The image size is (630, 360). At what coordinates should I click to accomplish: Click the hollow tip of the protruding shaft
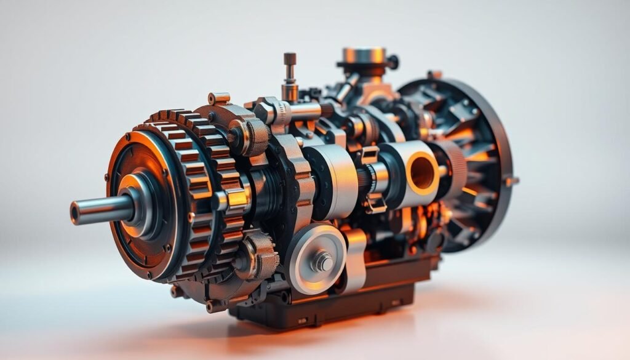point(75,213)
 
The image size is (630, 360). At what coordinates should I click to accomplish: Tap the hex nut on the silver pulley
point(322,262)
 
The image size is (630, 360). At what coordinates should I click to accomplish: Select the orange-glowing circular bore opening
point(423,173)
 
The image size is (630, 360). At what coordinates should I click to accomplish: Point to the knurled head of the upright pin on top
point(290,60)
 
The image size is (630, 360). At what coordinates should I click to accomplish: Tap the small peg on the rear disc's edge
point(511,181)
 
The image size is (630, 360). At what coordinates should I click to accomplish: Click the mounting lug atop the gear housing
point(218,98)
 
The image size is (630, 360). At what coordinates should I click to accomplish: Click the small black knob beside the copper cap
point(392,62)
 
